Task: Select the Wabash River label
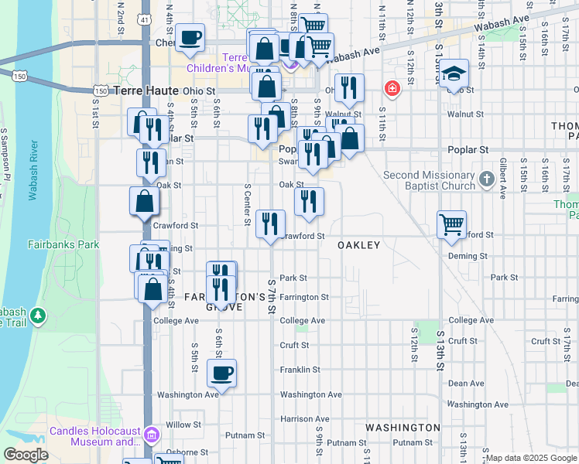pos(33,170)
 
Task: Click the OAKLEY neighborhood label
pos(359,245)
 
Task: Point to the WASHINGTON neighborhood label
pos(403,427)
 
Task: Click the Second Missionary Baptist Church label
pos(429,180)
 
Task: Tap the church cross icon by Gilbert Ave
pos(486,179)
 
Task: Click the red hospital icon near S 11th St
pos(392,89)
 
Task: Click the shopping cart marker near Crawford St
pos(452,225)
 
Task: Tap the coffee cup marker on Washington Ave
pos(221,374)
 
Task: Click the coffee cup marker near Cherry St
pos(190,37)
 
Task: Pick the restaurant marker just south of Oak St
pos(309,201)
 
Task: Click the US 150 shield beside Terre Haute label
pos(100,90)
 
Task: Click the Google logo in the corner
pos(26,455)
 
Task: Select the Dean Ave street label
pos(466,383)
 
